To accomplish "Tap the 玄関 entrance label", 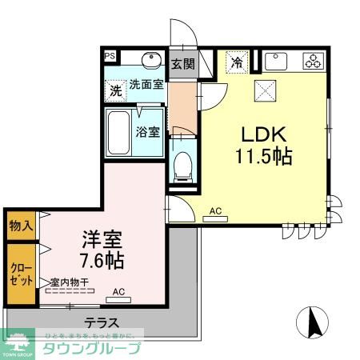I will (183, 64).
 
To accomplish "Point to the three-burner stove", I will (311, 62).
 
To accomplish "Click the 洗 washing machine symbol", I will (116, 90).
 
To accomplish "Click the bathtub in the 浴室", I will (122, 134).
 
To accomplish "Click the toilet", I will (182, 166).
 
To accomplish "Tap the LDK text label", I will (264, 133).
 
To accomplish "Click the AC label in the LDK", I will (214, 211).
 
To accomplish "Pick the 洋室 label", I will (101, 238).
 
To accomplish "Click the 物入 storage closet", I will (20, 225).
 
